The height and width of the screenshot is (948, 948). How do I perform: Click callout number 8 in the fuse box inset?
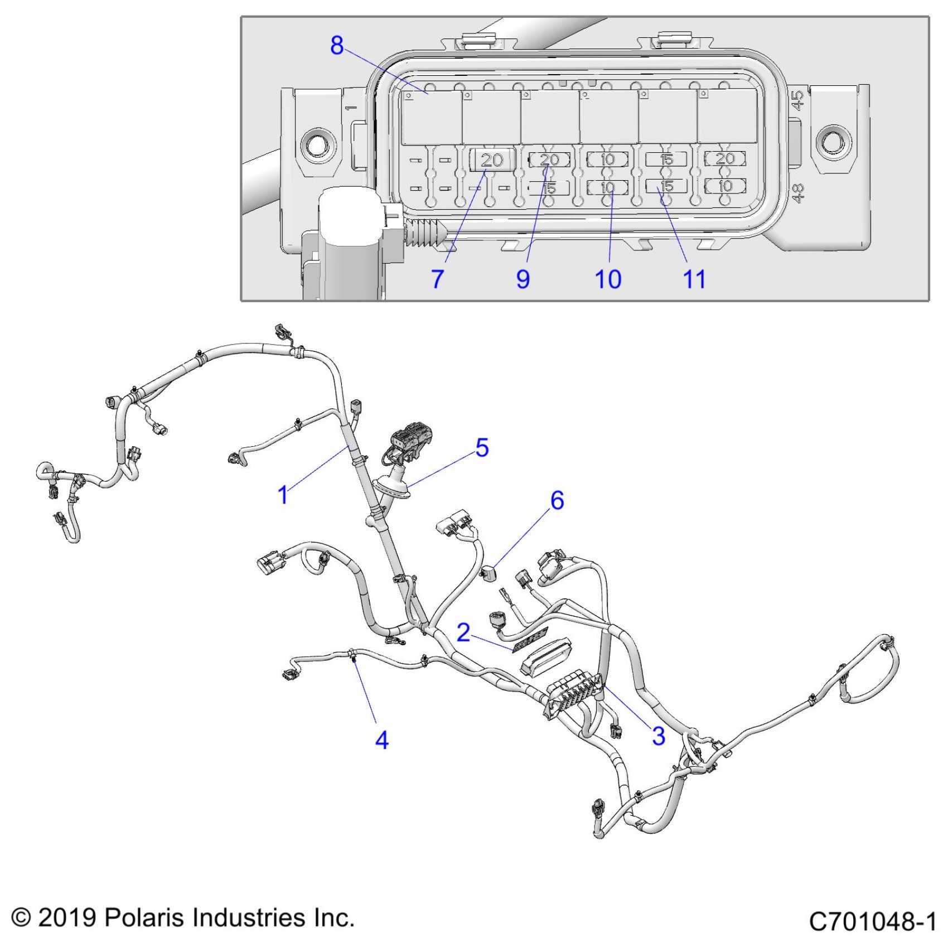click(x=337, y=45)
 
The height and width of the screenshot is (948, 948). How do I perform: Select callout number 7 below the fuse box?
click(x=438, y=279)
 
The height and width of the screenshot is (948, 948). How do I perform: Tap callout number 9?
click(x=523, y=279)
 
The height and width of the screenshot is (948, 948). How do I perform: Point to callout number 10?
click(x=608, y=279)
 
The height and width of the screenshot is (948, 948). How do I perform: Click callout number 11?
click(x=694, y=279)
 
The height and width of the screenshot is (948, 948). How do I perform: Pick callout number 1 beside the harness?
click(x=283, y=494)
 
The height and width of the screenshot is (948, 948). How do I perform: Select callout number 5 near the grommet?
click(x=482, y=448)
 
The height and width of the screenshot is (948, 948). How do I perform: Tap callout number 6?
click(x=557, y=500)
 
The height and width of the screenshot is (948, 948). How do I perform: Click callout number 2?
click(x=463, y=632)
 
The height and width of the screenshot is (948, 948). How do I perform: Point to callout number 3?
click(x=659, y=736)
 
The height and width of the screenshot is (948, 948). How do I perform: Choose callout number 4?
click(x=382, y=740)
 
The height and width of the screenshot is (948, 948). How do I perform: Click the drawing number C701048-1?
click(x=872, y=921)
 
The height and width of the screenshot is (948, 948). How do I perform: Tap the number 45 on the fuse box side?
click(x=798, y=101)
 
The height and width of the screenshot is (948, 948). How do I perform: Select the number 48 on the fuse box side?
click(x=798, y=193)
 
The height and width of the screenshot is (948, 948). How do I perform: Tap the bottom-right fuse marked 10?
click(x=725, y=186)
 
